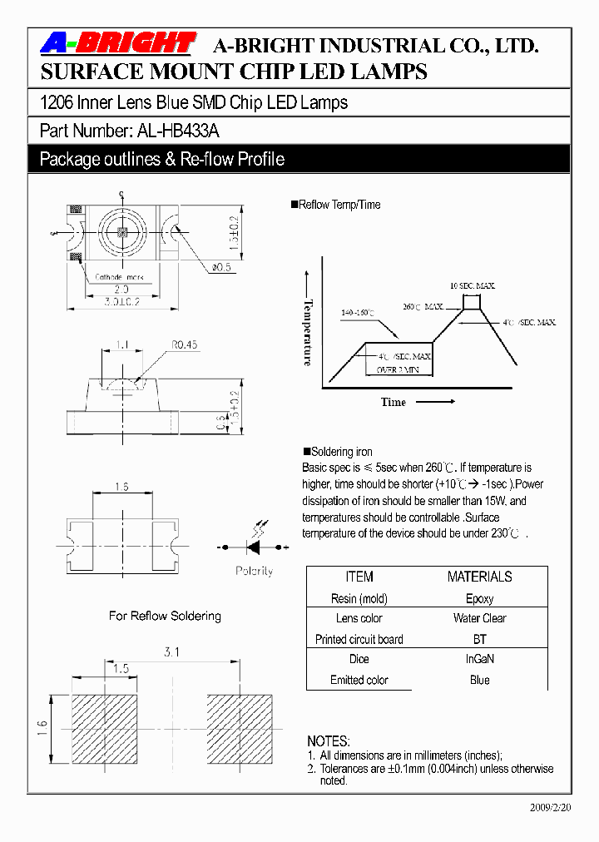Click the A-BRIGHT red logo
point(117,43)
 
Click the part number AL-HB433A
point(174,131)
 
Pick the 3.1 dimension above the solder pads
point(171,652)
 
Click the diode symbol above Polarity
point(254,547)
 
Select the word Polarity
point(254,572)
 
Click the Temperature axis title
point(308,332)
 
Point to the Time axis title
point(394,402)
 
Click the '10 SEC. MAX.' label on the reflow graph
point(472,285)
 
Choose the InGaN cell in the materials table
point(479,659)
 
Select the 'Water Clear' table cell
point(479,618)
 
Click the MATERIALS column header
point(479,577)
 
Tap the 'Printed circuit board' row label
point(359,639)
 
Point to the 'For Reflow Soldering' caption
point(165,616)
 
